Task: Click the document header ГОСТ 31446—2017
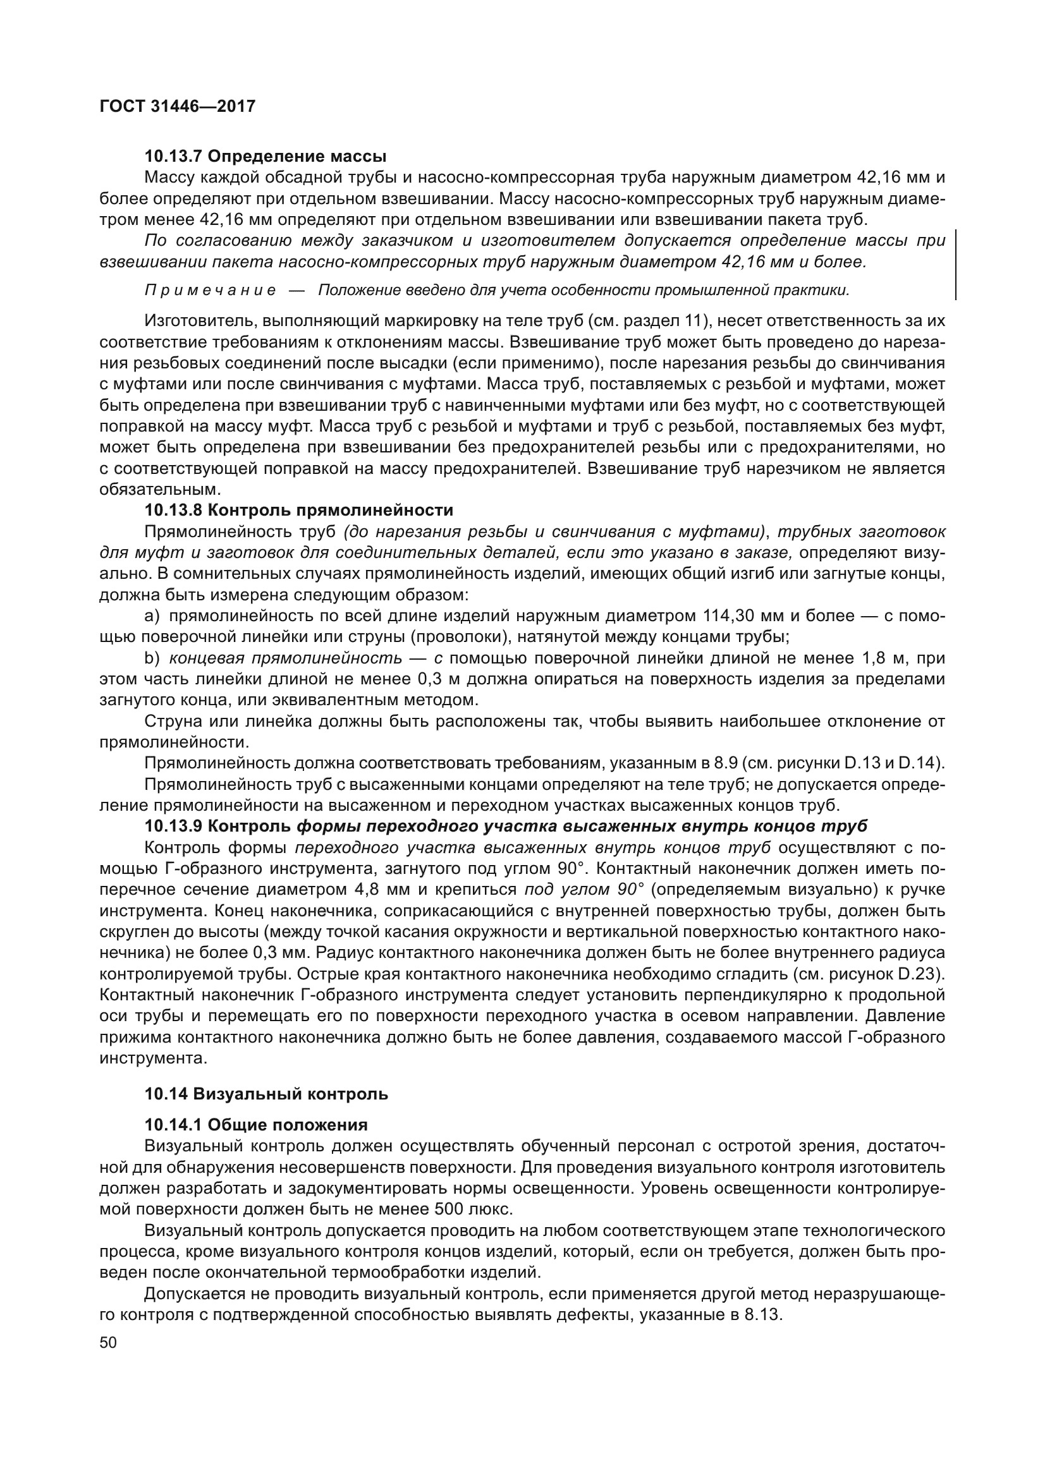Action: pos(178,106)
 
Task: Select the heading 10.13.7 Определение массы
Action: pos(266,157)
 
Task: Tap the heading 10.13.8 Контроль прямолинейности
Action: pos(299,511)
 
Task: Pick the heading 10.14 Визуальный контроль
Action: pos(266,1094)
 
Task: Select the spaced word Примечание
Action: pos(211,291)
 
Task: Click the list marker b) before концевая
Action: pos(152,658)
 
